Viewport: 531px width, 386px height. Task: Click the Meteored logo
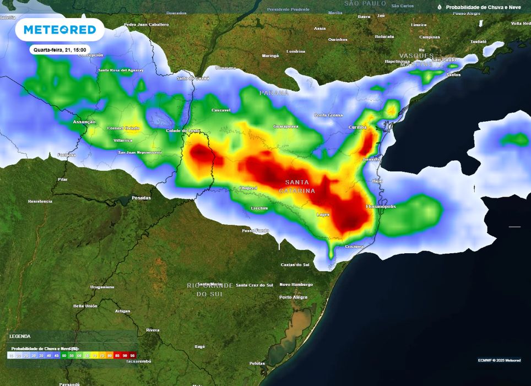59,30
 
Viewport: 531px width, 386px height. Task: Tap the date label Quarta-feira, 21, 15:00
60,50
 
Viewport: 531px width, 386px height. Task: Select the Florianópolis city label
381,206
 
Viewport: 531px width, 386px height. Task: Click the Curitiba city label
357,127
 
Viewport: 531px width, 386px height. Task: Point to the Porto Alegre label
293,297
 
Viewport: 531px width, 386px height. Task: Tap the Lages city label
323,214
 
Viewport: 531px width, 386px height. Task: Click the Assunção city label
84,122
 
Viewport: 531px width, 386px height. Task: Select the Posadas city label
141,198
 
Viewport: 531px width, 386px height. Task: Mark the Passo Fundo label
256,230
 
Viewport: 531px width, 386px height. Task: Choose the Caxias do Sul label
295,264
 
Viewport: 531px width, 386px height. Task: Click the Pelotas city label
257,363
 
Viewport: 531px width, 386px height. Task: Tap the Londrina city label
296,51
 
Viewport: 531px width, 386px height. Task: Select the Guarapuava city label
286,126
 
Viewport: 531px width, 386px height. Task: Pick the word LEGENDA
20,336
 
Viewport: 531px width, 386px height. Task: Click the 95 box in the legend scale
133,356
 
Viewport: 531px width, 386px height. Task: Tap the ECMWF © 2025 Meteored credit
499,360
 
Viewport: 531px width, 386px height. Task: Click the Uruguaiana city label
102,287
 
